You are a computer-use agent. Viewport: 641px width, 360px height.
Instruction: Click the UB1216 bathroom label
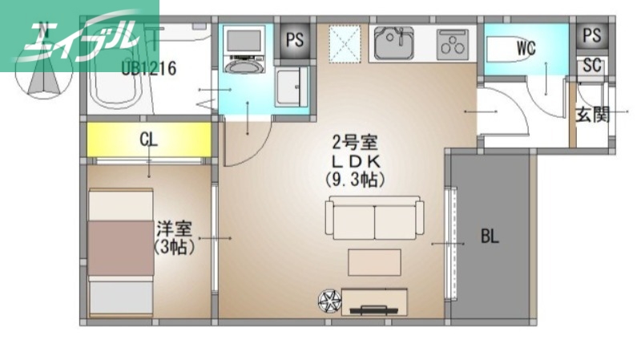coord(149,68)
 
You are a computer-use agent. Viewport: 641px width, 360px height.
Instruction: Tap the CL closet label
coord(148,139)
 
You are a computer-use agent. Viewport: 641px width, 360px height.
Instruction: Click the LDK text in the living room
coord(355,160)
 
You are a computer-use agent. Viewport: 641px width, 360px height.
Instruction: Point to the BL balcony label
coord(490,237)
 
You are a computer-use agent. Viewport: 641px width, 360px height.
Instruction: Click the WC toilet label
coord(526,48)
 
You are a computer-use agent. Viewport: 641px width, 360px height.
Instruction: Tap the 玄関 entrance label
coord(593,115)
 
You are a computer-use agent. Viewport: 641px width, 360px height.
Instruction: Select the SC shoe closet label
coord(592,66)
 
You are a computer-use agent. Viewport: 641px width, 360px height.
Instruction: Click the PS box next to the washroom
coord(295,41)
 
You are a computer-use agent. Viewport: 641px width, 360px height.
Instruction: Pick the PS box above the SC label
coord(592,35)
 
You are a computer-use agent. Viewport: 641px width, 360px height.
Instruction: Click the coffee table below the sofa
coord(374,262)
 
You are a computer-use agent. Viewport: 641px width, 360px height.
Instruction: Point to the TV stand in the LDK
coord(374,302)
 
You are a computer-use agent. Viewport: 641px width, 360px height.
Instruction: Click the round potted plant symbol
coord(329,301)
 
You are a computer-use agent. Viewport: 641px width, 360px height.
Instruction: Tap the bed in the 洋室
coord(120,253)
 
